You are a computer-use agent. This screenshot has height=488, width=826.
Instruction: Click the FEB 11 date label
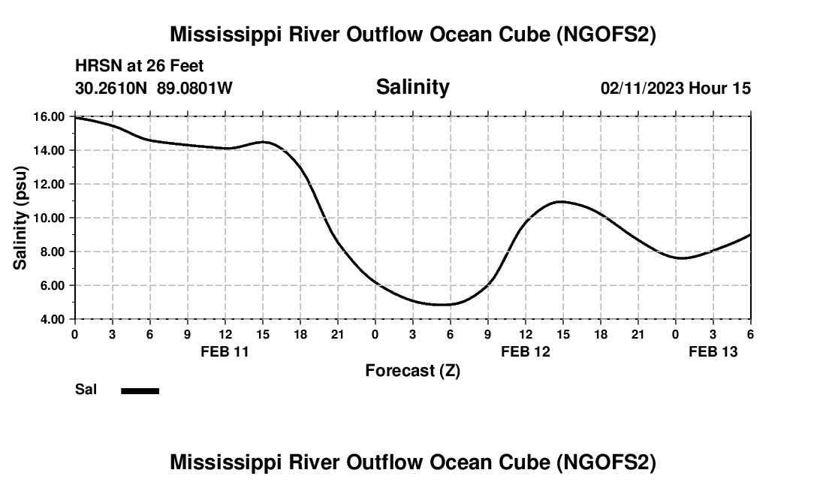225,351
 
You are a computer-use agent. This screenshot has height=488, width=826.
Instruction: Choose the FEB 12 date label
525,351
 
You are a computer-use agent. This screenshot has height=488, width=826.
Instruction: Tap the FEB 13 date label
713,351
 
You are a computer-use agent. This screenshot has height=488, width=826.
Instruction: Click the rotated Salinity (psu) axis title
21,218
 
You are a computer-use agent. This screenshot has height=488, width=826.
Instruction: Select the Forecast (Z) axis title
412,371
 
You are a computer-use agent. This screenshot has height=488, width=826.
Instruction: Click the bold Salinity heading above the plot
412,87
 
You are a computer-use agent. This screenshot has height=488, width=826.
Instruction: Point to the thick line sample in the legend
140,390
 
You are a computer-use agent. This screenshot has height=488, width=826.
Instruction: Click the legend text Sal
86,390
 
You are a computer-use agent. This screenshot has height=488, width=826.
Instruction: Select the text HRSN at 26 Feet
139,67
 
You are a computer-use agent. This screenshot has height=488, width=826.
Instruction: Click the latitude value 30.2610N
112,89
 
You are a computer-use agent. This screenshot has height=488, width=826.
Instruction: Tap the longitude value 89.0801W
194,89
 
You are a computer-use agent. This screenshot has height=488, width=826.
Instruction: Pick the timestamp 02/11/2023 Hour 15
675,89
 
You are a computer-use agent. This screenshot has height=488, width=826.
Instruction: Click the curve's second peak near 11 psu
561,201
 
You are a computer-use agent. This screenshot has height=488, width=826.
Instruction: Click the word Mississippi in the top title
225,35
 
